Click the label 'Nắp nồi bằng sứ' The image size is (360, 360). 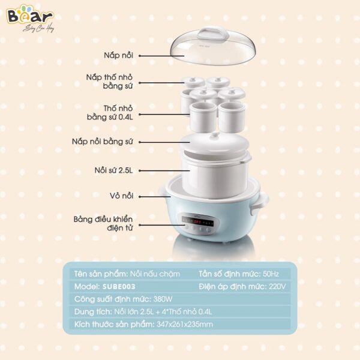[108, 142]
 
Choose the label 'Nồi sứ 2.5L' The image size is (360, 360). [116, 170]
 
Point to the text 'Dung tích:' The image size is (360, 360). [92, 312]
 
